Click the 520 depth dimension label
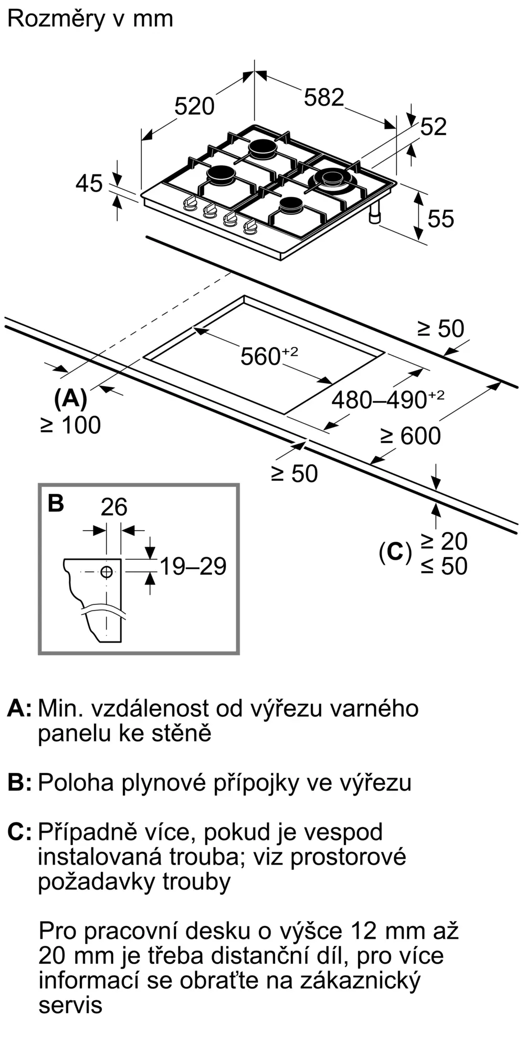[194, 107]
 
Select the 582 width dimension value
[324, 98]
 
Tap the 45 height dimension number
[89, 184]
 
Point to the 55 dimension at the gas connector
[440, 219]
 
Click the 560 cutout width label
[260, 357]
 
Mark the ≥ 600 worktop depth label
[411, 436]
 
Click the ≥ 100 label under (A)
[70, 425]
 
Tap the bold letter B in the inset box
[56, 503]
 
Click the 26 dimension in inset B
[114, 507]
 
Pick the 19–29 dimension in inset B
[193, 566]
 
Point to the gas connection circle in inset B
[107, 572]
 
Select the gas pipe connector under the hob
[376, 214]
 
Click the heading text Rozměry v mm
[90, 19]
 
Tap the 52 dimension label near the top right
[434, 127]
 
